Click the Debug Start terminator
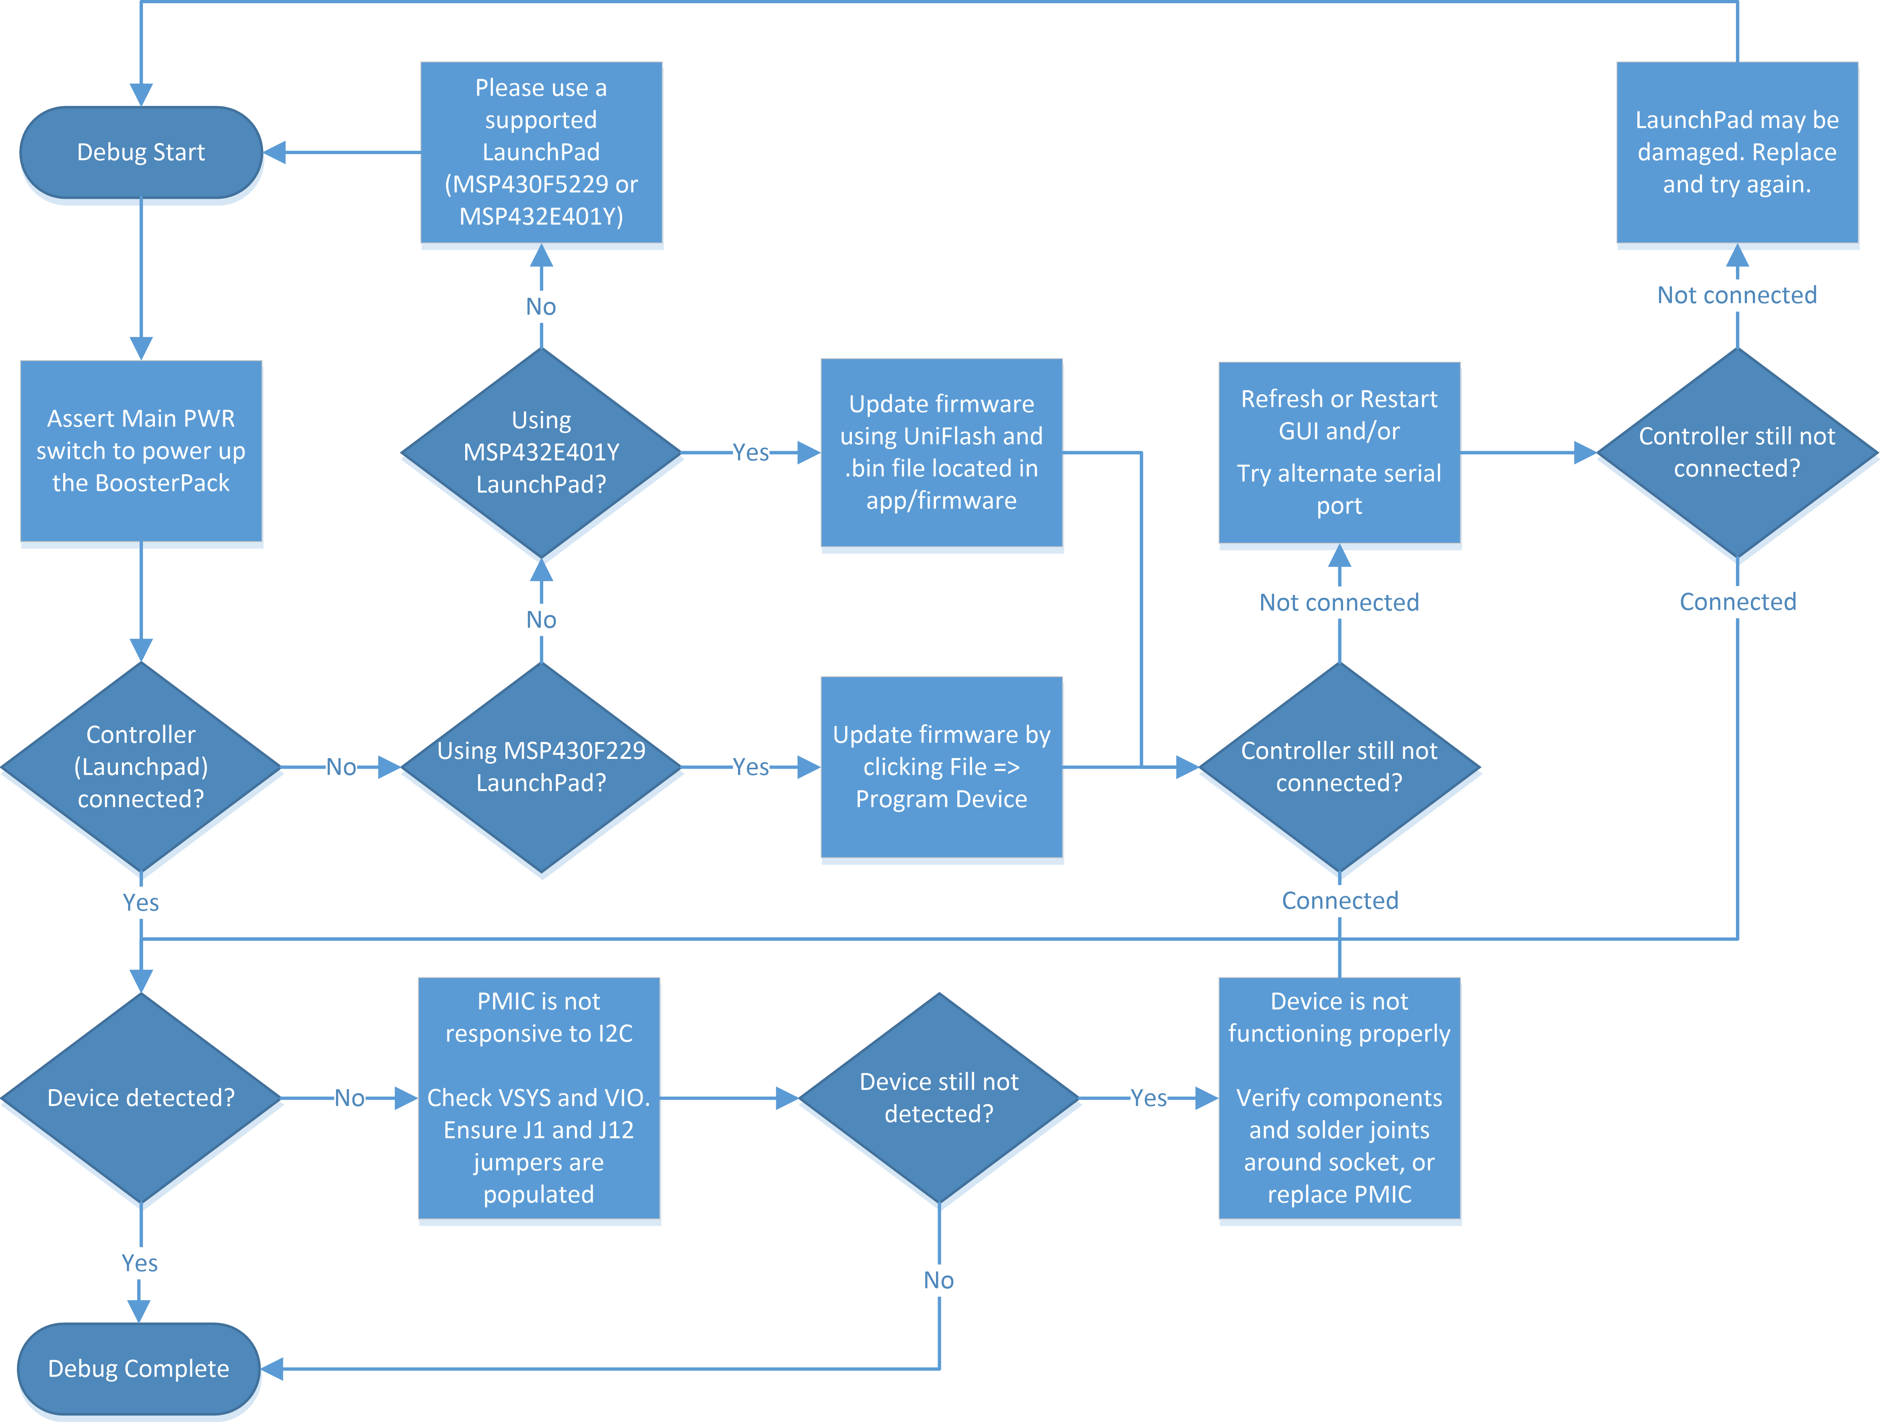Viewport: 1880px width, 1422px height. pyautogui.click(x=141, y=152)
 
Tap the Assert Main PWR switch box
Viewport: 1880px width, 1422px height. pyautogui.click(x=141, y=451)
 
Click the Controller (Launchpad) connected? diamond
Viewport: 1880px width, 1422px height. pyautogui.click(x=141, y=767)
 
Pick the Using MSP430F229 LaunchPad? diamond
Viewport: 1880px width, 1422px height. pyautogui.click(x=541, y=767)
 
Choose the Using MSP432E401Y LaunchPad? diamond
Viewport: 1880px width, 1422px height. pyautogui.click(x=541, y=452)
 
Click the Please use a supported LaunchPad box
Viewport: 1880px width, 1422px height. pyautogui.click(x=541, y=152)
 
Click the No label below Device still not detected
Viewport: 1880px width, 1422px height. pyautogui.click(x=939, y=1280)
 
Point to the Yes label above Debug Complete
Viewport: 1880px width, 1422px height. pyautogui.click(x=139, y=1263)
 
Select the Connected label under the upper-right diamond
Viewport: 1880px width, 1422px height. pyautogui.click(x=1737, y=602)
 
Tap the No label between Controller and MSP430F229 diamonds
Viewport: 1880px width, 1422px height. pyautogui.click(x=341, y=767)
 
